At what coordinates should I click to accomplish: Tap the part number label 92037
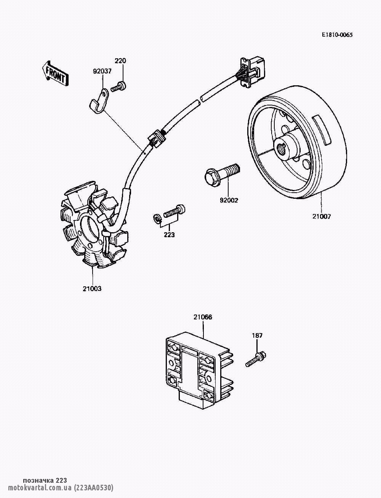pos(102,71)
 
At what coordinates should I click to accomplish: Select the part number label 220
pos(120,61)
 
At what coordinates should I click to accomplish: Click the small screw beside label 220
pos(118,86)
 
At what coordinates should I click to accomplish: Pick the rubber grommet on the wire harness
pos(157,139)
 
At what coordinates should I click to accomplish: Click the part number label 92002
pos(228,200)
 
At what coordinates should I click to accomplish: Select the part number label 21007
pos(322,217)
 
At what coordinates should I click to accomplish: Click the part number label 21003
pos(92,289)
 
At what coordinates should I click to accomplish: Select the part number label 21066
pos(203,317)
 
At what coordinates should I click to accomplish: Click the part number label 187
pos(257,336)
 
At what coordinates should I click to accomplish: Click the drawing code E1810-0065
pos(337,35)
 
